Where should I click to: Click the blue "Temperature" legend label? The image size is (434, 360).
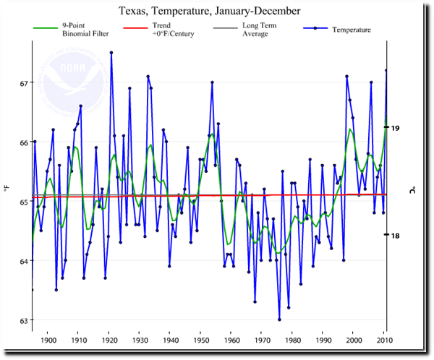click(x=352, y=30)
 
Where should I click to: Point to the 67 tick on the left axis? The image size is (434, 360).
click(x=25, y=83)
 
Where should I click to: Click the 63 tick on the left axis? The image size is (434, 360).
click(x=25, y=320)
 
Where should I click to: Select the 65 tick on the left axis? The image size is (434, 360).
click(x=25, y=202)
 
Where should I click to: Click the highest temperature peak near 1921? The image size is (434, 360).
click(x=111, y=53)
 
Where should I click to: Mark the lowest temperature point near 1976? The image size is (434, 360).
click(x=279, y=319)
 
